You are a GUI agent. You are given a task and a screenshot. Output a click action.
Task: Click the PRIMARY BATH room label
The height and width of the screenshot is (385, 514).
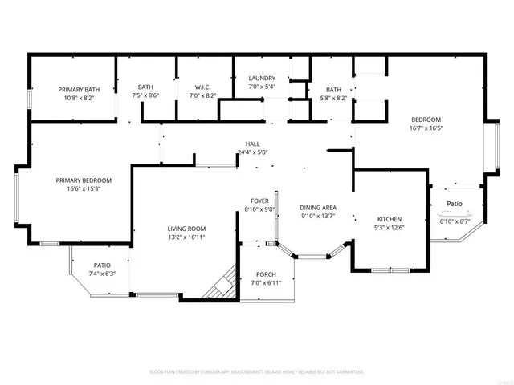tap(79, 89)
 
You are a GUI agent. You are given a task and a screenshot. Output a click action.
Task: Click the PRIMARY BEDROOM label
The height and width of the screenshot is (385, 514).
tap(84, 180)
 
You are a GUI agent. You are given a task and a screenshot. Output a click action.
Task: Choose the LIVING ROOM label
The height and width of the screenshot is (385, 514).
tap(186, 229)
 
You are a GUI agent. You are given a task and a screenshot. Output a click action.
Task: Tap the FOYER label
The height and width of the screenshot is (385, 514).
tap(259, 201)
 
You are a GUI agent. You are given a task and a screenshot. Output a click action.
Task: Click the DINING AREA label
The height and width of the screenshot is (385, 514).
tap(318, 208)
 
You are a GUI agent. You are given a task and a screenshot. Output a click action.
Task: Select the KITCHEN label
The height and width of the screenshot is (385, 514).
tap(390, 219)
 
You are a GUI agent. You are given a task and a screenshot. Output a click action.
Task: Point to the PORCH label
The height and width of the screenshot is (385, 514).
tap(265, 274)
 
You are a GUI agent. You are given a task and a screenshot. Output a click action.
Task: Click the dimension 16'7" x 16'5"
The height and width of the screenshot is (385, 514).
tap(426, 128)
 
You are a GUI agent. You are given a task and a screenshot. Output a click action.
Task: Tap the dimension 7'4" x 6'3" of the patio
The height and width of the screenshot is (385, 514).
tap(102, 274)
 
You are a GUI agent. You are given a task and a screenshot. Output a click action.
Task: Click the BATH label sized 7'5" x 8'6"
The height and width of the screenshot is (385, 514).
tap(145, 87)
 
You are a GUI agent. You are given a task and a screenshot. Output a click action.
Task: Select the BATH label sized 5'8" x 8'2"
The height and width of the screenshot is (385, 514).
tap(334, 90)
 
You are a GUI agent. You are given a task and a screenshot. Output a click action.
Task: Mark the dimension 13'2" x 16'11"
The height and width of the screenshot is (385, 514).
tap(186, 237)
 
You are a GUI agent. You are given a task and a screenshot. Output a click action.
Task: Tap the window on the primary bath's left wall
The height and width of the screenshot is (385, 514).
tap(30, 97)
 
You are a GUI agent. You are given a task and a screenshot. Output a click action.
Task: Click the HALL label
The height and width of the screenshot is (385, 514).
tap(252, 144)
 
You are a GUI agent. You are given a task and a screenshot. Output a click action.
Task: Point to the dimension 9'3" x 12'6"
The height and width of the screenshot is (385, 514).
tap(390, 228)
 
